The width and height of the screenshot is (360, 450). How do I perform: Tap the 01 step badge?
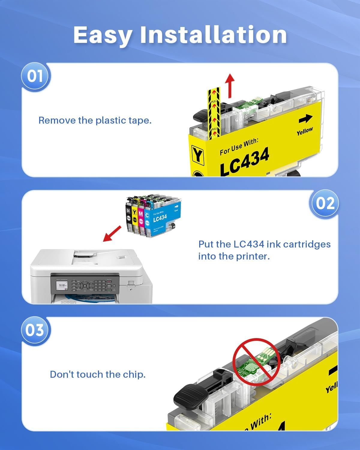(35, 76)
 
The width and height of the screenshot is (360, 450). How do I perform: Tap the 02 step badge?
(325, 203)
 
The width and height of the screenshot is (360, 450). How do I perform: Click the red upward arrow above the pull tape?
(230, 86)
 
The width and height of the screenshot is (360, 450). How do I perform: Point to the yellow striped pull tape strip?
(214, 114)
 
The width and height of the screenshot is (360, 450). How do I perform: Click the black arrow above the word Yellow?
(305, 119)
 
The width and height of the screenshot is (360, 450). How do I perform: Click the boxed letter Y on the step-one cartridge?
(197, 155)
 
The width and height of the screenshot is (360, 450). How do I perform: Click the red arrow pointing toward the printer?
(112, 234)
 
